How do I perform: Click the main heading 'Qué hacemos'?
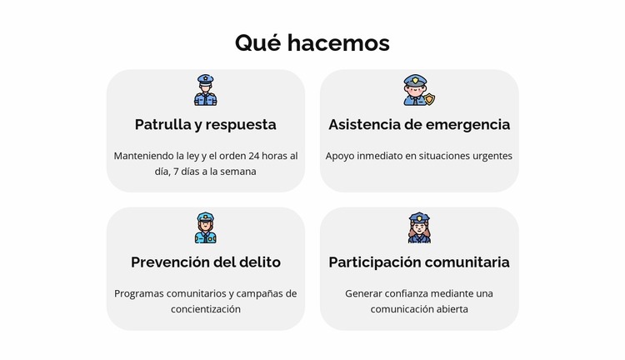point(312,42)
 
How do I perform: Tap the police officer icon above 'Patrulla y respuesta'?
point(205,90)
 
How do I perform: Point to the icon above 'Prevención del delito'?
point(205,227)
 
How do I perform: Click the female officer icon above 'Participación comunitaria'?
point(418,227)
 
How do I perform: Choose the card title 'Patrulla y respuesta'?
point(205,124)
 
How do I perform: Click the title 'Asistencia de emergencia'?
point(418,124)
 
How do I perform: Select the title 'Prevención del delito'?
point(205,262)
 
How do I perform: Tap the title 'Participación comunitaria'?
point(418,262)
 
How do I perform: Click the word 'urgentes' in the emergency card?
point(492,156)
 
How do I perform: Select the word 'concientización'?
point(205,309)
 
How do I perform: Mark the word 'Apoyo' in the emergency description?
point(339,156)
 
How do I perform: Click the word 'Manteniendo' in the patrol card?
point(142,156)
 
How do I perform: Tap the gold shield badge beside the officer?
point(430,99)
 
